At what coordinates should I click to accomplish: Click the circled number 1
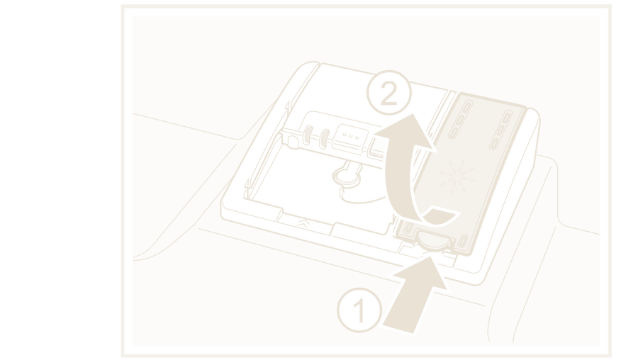[359, 310]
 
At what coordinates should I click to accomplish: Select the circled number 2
[389, 93]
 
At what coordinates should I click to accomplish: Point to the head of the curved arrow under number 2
[409, 130]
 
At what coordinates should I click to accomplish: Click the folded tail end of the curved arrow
[442, 215]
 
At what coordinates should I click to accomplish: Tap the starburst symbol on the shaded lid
[457, 176]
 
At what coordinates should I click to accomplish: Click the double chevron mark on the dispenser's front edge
[303, 223]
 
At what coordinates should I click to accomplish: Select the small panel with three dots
[350, 137]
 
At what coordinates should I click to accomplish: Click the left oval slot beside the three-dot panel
[308, 135]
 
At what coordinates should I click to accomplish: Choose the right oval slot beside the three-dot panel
[324, 139]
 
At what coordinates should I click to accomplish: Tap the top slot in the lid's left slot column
[467, 108]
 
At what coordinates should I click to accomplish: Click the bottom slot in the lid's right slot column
[494, 143]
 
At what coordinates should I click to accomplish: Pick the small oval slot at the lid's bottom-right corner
[463, 240]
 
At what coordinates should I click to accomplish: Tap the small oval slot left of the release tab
[408, 227]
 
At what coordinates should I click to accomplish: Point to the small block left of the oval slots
[293, 141]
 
